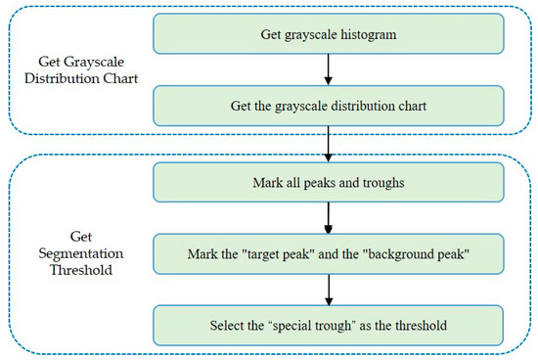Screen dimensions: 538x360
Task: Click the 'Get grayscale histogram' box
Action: tap(329, 33)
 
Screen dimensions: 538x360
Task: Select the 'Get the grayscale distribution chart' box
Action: tap(329, 106)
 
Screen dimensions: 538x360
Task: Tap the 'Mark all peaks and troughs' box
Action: tap(329, 182)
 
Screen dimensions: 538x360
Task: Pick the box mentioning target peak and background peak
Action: tap(329, 254)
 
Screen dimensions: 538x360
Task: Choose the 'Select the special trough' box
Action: tap(329, 326)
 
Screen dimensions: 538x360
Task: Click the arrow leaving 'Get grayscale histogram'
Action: tap(329, 69)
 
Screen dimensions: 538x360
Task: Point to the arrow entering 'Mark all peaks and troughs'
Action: tap(329, 144)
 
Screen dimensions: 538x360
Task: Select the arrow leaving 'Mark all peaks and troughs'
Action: tap(329, 218)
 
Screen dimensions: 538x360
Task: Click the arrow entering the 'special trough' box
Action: tap(329, 290)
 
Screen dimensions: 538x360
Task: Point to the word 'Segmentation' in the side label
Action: tap(81, 254)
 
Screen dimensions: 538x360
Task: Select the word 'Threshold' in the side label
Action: tap(81, 270)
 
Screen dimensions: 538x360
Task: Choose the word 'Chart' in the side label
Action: tap(120, 78)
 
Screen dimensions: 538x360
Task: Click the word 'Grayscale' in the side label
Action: tap(94, 62)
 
